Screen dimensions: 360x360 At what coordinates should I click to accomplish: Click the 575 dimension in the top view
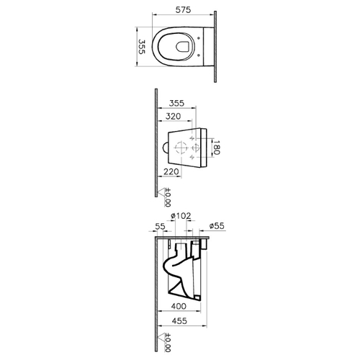click(x=183, y=10)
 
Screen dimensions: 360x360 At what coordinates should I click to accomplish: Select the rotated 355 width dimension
click(x=142, y=47)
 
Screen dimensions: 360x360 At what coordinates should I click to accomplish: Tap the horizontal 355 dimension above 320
click(x=176, y=103)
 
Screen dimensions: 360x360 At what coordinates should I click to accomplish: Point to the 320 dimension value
click(x=174, y=117)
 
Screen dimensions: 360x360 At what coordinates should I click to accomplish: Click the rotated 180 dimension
click(x=216, y=148)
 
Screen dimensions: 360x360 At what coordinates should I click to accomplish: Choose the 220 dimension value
click(x=171, y=171)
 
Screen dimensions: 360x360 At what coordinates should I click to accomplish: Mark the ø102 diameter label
click(x=181, y=216)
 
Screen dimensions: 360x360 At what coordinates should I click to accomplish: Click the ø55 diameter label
click(x=217, y=225)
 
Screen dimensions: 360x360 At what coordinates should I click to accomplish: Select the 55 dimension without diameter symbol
click(x=160, y=226)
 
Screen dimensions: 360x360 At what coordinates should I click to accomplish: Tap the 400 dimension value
click(x=179, y=306)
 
